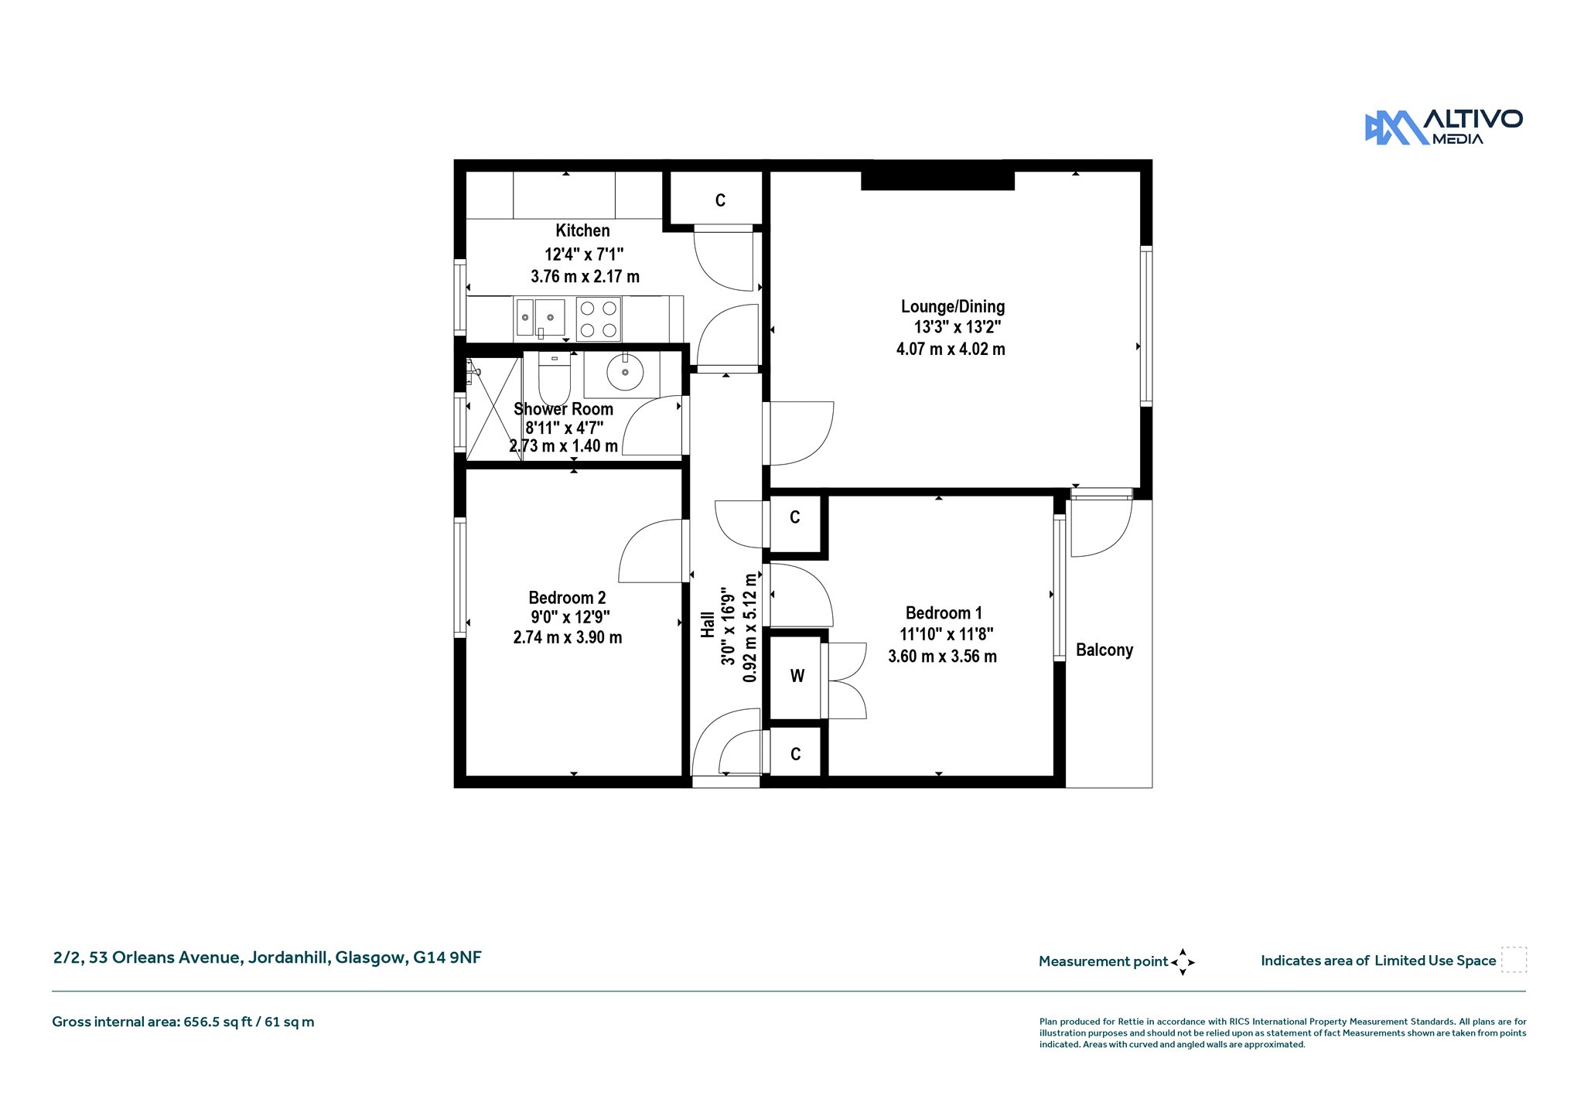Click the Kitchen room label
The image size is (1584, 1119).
(582, 230)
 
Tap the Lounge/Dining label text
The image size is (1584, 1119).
(953, 306)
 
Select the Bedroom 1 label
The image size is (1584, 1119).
(944, 613)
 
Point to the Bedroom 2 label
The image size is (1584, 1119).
(567, 598)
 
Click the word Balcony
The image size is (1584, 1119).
(1104, 650)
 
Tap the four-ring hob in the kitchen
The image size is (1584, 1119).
(599, 319)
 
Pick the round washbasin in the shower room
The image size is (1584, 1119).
(625, 373)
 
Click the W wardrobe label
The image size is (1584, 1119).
(797, 676)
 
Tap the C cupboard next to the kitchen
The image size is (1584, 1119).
(720, 201)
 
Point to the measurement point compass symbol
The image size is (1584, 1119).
(1183, 962)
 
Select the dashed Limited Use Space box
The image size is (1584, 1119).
(1514, 960)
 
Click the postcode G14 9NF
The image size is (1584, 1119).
(447, 957)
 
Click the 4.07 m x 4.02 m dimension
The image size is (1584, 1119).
(951, 349)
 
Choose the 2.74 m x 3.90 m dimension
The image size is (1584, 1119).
(568, 637)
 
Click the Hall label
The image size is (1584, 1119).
(708, 625)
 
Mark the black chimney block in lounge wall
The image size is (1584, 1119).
(937, 180)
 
